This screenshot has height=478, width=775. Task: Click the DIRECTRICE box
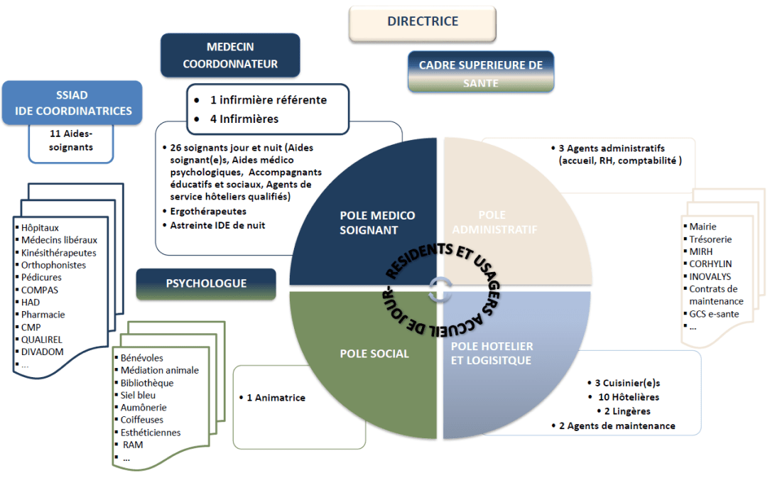point(423,22)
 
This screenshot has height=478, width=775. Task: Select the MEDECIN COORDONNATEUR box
point(230,55)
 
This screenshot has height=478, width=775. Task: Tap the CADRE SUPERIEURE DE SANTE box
point(481,73)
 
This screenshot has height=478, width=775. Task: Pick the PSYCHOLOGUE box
point(206,283)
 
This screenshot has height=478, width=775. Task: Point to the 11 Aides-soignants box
point(72,141)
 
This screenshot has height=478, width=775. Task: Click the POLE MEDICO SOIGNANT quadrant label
point(377,222)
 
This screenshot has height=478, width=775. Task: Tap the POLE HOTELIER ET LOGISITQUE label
point(492,353)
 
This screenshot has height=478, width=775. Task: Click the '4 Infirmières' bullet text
point(244,119)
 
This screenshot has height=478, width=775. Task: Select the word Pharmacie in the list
point(43,314)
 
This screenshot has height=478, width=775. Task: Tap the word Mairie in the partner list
point(703,227)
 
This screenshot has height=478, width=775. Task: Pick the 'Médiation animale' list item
point(159,370)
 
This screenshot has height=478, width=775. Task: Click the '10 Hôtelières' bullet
point(628,396)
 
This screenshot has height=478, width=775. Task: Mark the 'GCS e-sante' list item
point(714,314)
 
